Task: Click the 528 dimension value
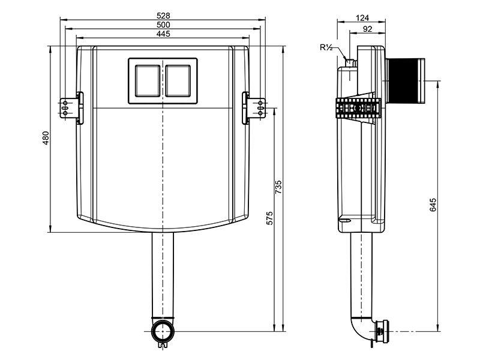pos(163,16)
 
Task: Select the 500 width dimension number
pos(163,25)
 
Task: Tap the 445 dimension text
pos(163,34)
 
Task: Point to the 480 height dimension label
pos(46,138)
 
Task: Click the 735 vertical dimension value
pos(278,187)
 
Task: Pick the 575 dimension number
pos(269,218)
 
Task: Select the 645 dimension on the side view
pos(433,205)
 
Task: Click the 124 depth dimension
pos(362,18)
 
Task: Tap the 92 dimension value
pos(367,29)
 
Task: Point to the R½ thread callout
pos(326,47)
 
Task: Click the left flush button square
pos(147,81)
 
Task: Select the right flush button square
pos(178,81)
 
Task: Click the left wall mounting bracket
pos(71,108)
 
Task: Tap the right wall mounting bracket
pos(254,108)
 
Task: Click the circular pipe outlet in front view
pos(163,331)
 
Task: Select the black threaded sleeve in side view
pos(406,80)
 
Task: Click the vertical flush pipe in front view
pos(163,275)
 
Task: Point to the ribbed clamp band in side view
pos(358,108)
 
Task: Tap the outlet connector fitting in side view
pos(380,331)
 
